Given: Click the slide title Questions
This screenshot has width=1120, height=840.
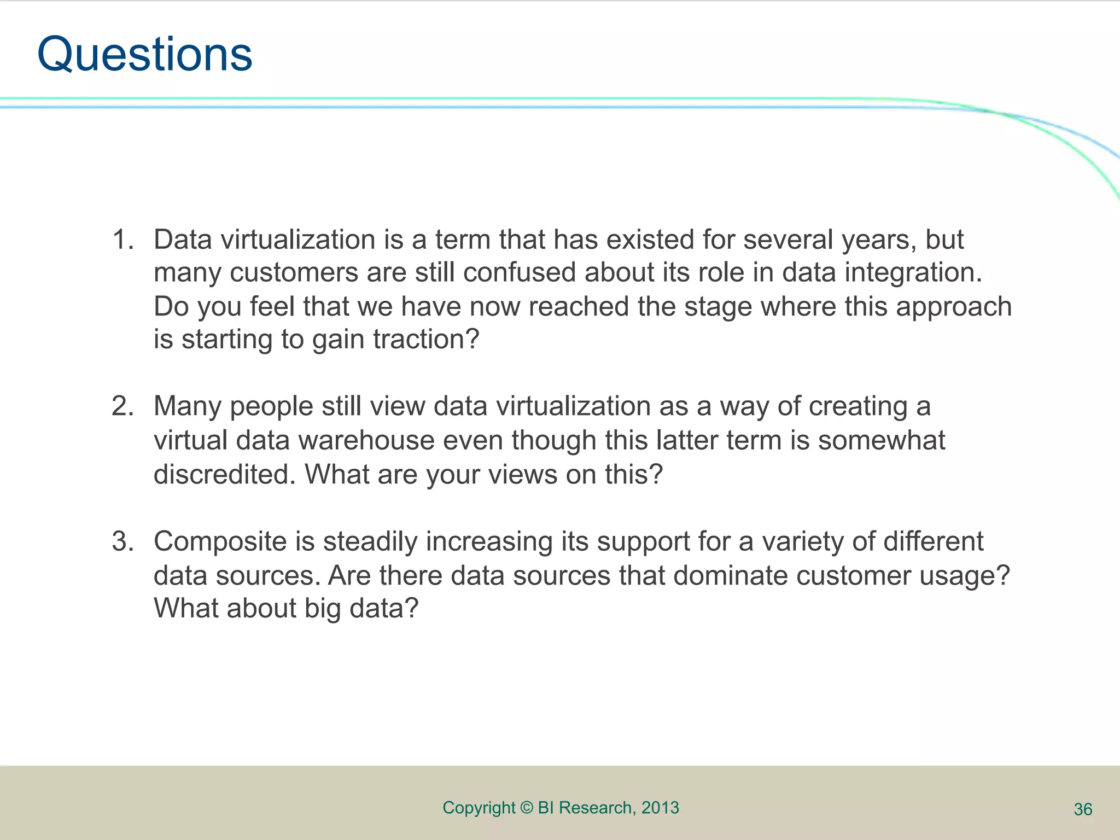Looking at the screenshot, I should (x=145, y=55).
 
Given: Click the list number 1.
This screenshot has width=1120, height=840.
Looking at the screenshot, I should (x=122, y=240).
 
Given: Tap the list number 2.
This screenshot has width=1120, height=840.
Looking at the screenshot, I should (x=122, y=406).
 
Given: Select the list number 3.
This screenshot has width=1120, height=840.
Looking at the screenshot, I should (x=122, y=541).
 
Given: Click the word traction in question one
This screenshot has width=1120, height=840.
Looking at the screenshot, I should (x=425, y=339).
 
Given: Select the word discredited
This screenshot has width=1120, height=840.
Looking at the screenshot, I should (x=224, y=474).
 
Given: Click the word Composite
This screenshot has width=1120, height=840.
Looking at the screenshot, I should (x=220, y=541).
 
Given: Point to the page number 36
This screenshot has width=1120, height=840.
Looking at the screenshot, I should (x=1083, y=809).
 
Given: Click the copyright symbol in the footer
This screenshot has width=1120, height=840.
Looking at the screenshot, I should (x=526, y=808).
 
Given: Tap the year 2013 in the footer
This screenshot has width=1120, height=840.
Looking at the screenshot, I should (x=660, y=808).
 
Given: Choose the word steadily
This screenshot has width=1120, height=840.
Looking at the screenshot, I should (x=370, y=541).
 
